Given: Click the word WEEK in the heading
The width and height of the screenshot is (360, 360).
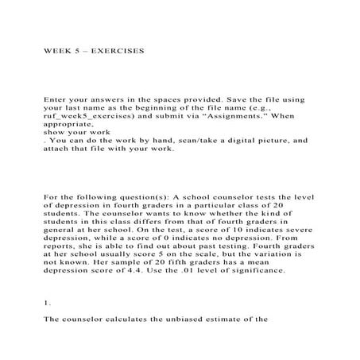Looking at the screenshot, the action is coord(57,49).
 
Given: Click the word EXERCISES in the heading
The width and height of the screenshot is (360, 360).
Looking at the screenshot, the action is coord(120,49).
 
